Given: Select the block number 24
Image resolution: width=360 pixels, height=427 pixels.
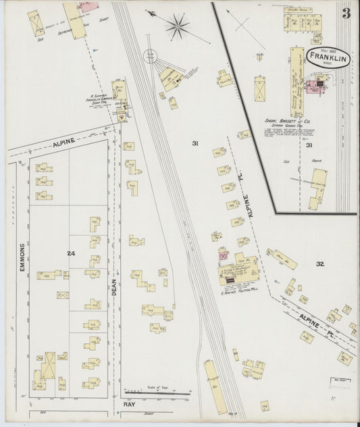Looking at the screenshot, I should [71, 253].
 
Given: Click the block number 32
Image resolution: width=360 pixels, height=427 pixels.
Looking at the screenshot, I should [320, 264].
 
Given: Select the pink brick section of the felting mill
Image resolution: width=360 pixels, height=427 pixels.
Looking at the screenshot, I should [223, 255].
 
